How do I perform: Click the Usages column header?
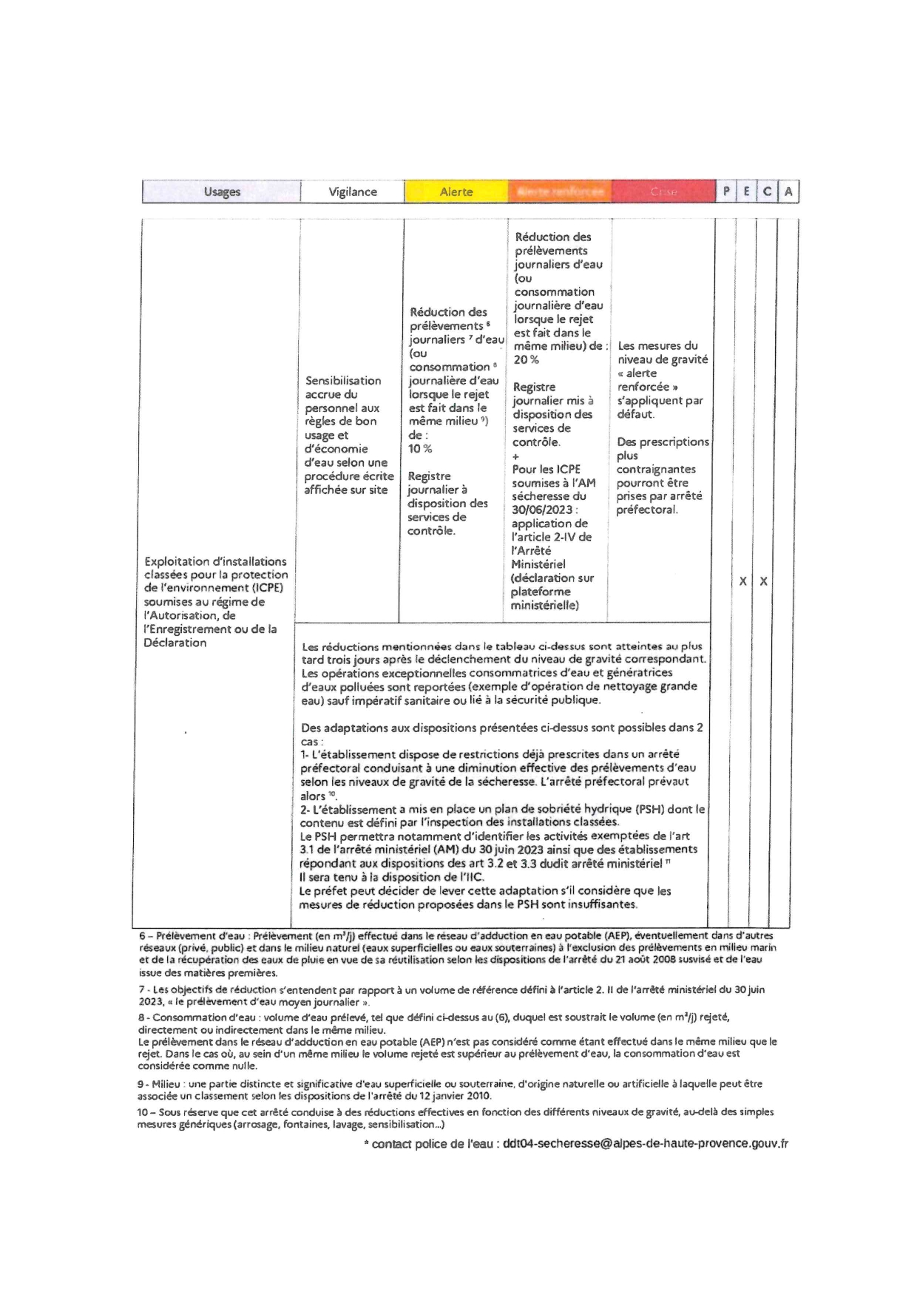(222, 192)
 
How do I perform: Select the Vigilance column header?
(353, 192)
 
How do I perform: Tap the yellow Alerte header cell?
(456, 192)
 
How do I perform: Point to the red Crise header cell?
(663, 192)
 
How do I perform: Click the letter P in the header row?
(726, 192)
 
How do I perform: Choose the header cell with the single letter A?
(788, 192)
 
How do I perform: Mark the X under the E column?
(743, 581)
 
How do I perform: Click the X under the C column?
(764, 581)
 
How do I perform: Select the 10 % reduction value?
(421, 449)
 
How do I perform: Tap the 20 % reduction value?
(526, 359)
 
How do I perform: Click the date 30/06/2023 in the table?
(542, 509)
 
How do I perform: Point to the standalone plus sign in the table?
(515, 456)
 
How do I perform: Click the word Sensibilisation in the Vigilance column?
(343, 381)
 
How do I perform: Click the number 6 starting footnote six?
(142, 936)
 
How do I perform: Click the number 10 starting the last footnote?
(143, 1112)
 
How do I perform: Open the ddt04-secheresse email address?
(645, 1143)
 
